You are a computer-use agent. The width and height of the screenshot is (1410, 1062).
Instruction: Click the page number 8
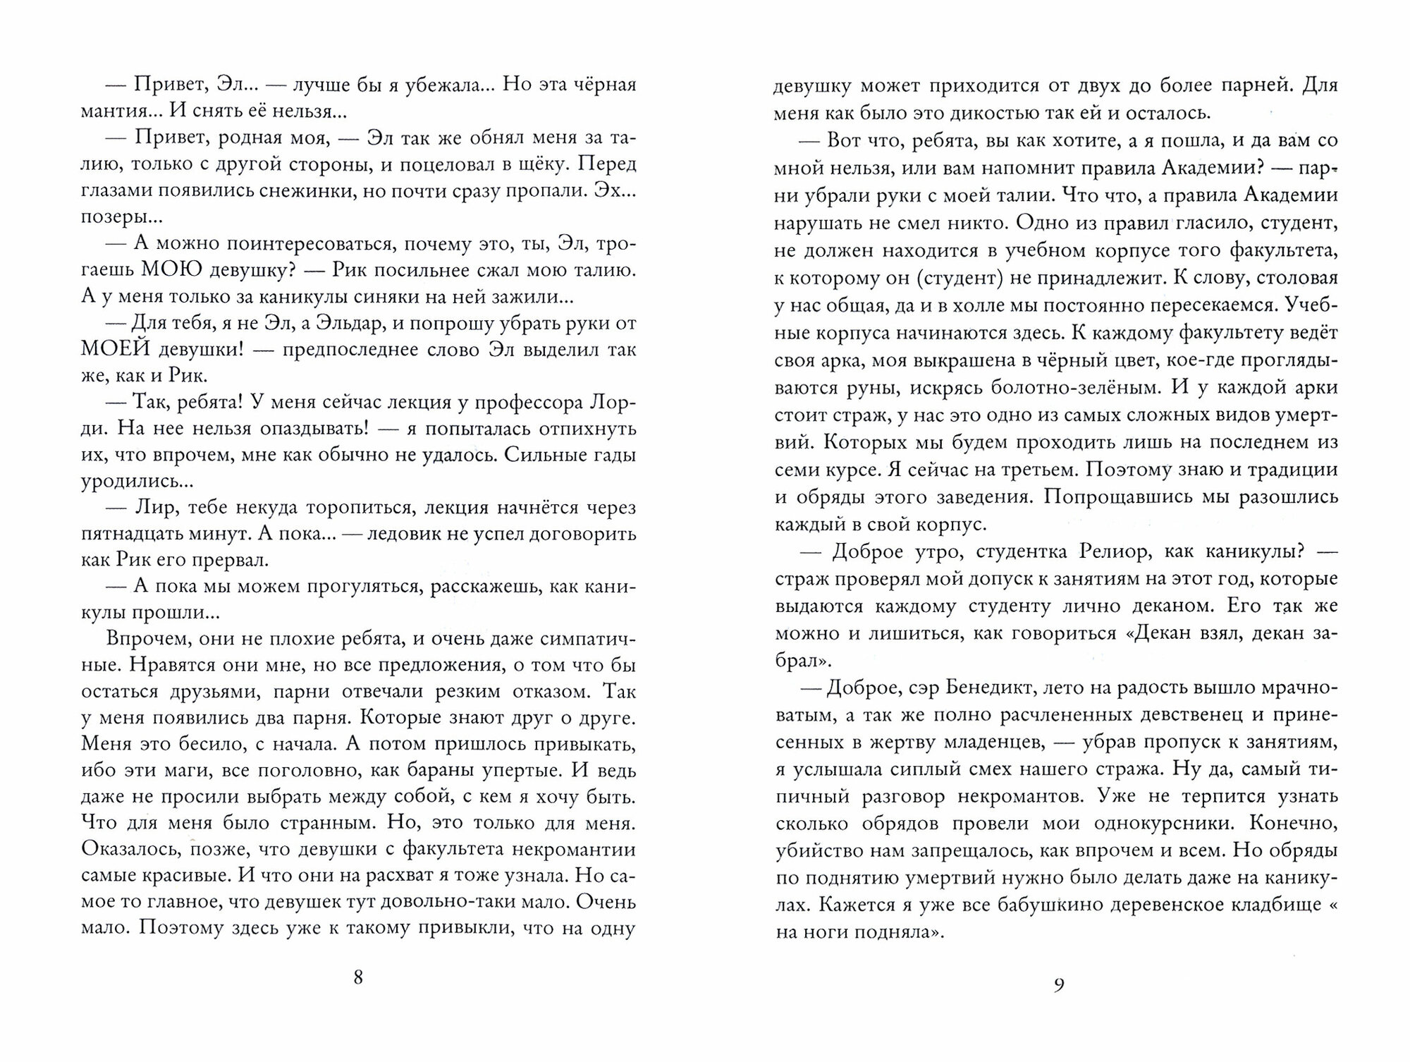(x=358, y=977)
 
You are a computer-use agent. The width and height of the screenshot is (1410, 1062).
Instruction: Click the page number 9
(x=1058, y=985)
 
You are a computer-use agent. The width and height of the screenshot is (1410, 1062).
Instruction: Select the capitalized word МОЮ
(x=175, y=270)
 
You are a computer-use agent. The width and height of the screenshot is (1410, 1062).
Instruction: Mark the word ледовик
(x=403, y=534)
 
